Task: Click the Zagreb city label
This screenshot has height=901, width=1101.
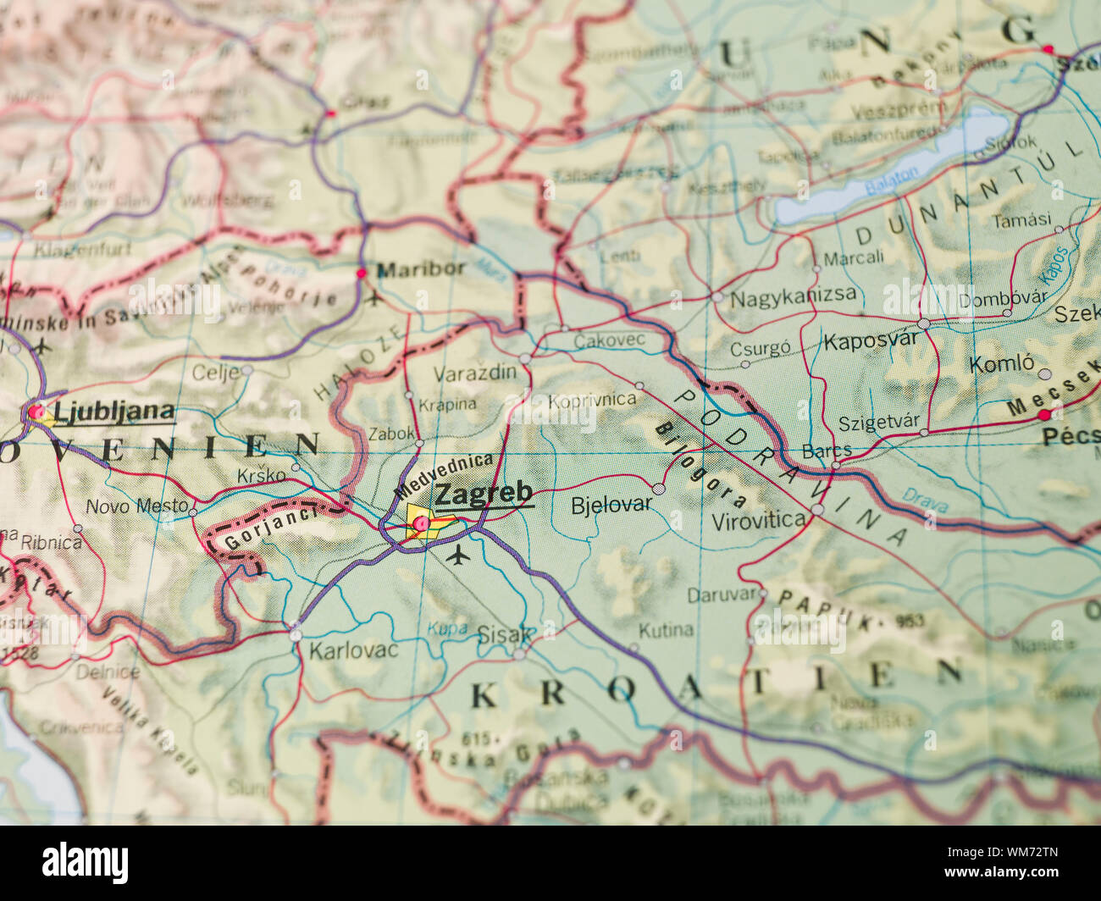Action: pyautogui.click(x=484, y=493)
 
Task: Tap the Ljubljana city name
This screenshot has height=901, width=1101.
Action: pyautogui.click(x=114, y=412)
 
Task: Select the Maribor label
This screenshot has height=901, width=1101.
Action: pyautogui.click(x=421, y=269)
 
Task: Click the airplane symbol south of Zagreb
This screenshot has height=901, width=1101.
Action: pyautogui.click(x=458, y=556)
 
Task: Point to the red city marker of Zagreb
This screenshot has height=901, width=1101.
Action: pyautogui.click(x=421, y=525)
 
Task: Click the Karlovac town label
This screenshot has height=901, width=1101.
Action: pyautogui.click(x=353, y=651)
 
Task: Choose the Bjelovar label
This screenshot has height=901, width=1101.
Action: pyautogui.click(x=611, y=505)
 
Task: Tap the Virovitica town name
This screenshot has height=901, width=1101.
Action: pyautogui.click(x=758, y=521)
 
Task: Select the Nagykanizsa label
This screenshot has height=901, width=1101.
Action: pyautogui.click(x=793, y=297)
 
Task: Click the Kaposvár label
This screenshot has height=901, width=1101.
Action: pyautogui.click(x=871, y=341)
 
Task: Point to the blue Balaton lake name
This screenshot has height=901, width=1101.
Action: pyautogui.click(x=891, y=180)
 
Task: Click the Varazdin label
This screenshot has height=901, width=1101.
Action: pyautogui.click(x=474, y=373)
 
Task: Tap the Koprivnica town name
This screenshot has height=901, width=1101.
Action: pyautogui.click(x=592, y=400)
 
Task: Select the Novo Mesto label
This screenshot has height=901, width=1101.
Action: pyautogui.click(x=137, y=506)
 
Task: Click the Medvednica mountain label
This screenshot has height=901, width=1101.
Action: pyautogui.click(x=443, y=476)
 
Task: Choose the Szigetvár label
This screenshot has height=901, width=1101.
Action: pyautogui.click(x=878, y=423)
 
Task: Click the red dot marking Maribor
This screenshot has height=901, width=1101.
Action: pyautogui.click(x=362, y=274)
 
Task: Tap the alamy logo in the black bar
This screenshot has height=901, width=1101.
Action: pyautogui.click(x=86, y=863)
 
